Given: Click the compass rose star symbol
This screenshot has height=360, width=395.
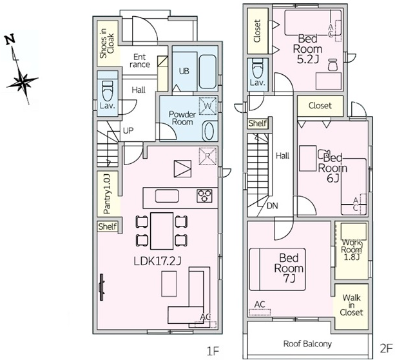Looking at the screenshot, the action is (x=22, y=81).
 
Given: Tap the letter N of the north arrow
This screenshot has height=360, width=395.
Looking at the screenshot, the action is (x=10, y=40).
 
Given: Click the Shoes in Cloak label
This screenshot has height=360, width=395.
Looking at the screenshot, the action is (x=106, y=43).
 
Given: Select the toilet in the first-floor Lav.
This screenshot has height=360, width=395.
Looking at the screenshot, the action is (x=108, y=90).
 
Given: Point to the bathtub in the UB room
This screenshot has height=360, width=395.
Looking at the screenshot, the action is (x=207, y=72).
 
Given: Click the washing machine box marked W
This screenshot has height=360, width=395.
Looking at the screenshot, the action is (x=207, y=106).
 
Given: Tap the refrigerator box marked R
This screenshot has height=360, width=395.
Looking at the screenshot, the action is (x=207, y=156).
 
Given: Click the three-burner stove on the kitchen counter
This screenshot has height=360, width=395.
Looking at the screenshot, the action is (x=204, y=196).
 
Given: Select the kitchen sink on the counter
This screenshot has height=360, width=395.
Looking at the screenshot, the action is (x=167, y=196).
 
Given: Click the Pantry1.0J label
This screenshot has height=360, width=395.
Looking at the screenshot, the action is (x=107, y=194).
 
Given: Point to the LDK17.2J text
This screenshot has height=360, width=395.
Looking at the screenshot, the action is (x=157, y=261).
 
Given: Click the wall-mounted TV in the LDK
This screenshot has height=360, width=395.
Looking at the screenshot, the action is (x=102, y=287).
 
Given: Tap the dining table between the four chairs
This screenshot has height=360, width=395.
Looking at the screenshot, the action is (x=162, y=231).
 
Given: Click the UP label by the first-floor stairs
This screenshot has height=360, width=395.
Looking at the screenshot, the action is (x=128, y=131).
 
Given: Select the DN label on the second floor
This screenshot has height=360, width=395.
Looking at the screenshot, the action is (x=273, y=206).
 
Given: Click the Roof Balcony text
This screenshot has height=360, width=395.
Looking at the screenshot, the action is (x=307, y=344).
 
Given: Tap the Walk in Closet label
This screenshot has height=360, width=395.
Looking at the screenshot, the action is (x=351, y=305).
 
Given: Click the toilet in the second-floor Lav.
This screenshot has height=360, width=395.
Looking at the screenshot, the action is (x=258, y=67).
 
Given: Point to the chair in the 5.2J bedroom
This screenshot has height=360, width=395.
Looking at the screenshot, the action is (x=333, y=65).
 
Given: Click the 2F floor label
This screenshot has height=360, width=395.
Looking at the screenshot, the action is (x=386, y=349).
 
